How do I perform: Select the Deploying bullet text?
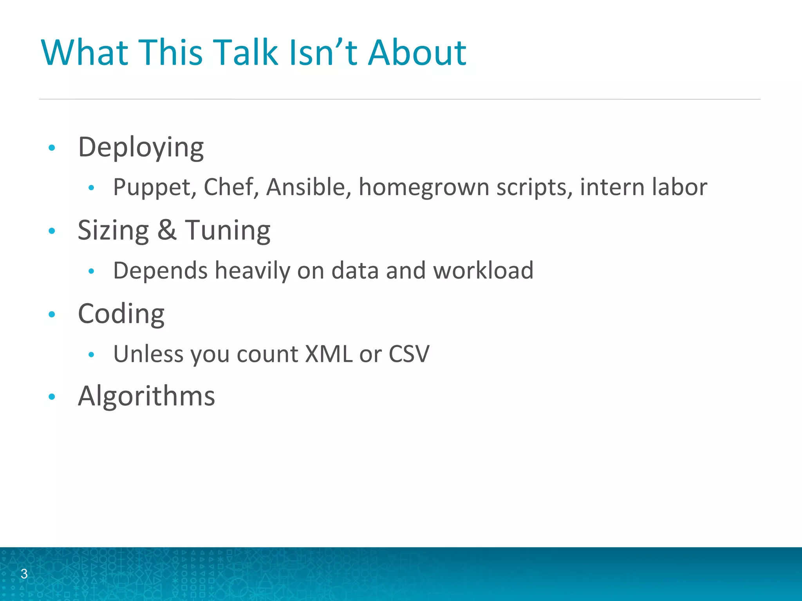click(x=141, y=148)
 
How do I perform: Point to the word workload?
click(x=483, y=270)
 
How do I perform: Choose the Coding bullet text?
click(x=121, y=314)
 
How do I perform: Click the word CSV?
click(x=409, y=354)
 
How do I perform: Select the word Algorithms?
click(x=146, y=396)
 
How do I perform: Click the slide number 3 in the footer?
click(x=24, y=574)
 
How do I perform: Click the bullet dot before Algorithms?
click(x=52, y=397)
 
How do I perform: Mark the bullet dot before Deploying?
click(x=52, y=148)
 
